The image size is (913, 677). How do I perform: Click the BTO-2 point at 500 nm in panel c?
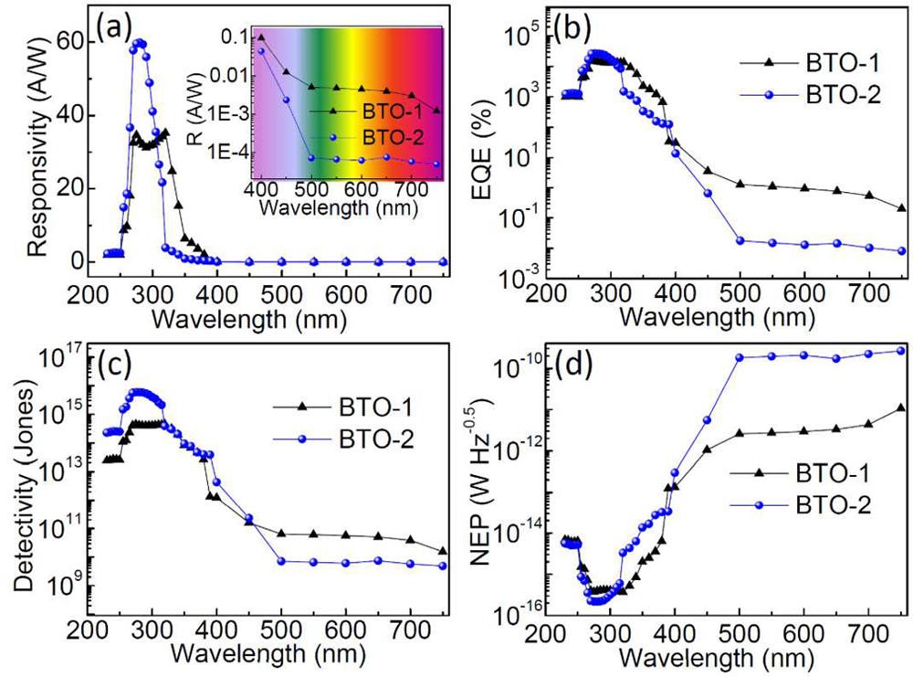coord(282,561)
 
